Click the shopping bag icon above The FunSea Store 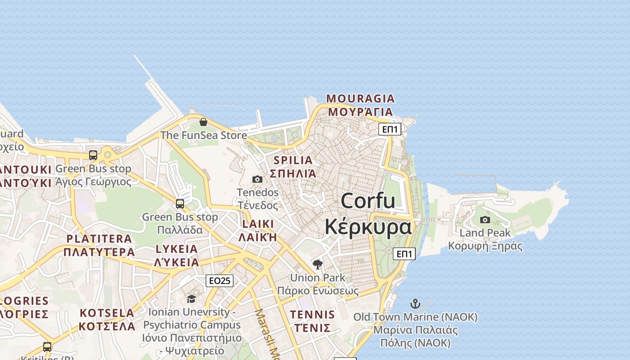coord(203,121)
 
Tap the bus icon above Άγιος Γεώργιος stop coord(93,155)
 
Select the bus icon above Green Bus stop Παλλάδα coord(180,203)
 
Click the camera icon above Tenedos coord(257,179)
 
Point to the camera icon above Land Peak coord(485,220)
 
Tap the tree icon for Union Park coord(318,264)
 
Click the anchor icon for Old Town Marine coord(415,304)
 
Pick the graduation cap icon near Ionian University coord(192,299)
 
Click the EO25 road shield coord(220,281)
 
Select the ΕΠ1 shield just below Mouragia coord(390,130)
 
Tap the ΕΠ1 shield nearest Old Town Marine coord(404,254)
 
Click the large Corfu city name coord(368,201)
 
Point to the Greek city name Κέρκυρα coord(368,227)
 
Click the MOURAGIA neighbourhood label coord(360,98)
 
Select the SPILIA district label coord(293,160)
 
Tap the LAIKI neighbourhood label coord(258,224)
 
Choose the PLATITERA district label coord(99,239)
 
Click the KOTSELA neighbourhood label coord(107,313)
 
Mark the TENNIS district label coord(312,315)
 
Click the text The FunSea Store coord(204,135)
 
